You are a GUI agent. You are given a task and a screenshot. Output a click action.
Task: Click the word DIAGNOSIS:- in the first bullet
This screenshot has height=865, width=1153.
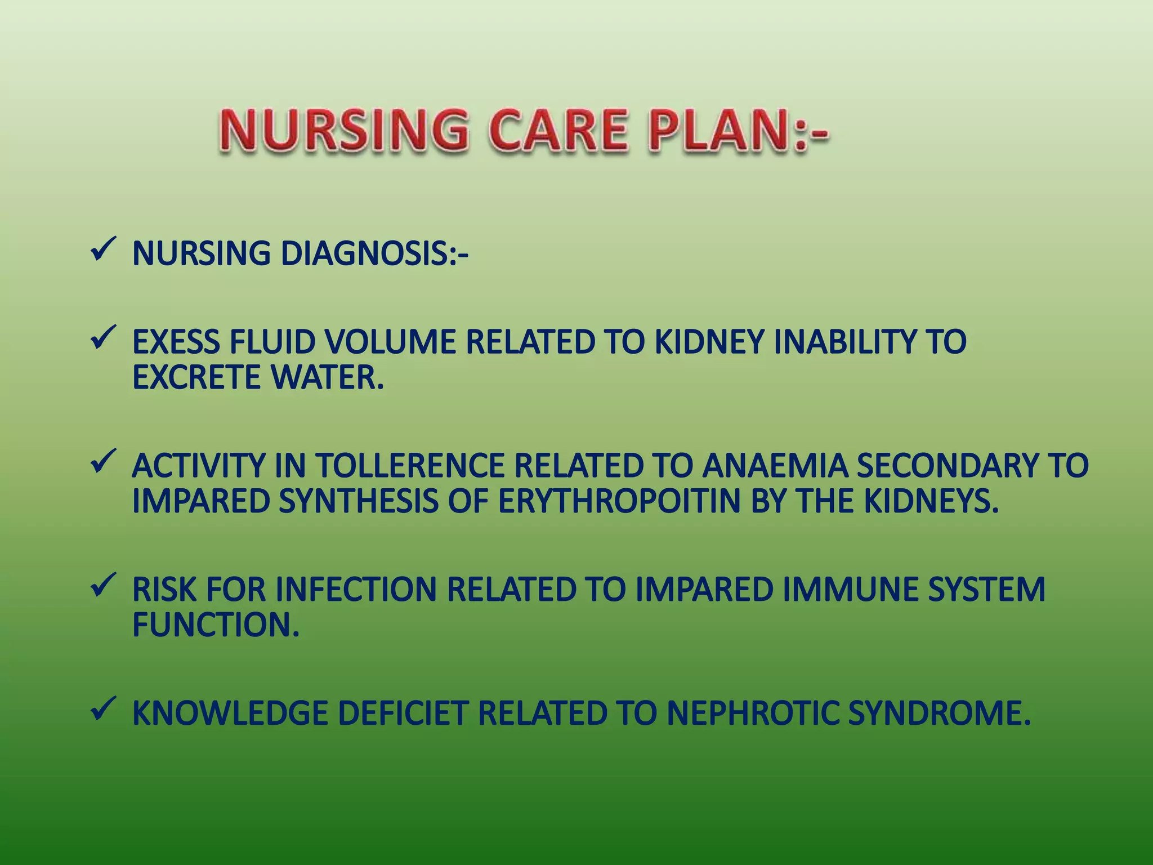point(374,253)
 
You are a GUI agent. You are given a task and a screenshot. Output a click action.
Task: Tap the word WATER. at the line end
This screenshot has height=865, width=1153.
point(327,377)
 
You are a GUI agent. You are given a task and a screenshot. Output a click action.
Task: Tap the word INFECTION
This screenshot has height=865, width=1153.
point(356,590)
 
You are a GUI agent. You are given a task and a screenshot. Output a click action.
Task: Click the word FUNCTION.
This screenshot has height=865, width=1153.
point(216,625)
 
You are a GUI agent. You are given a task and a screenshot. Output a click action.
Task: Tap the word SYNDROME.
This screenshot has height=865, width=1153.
point(939,714)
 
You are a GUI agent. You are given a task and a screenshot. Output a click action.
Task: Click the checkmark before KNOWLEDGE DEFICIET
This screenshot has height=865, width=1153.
point(103,709)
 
